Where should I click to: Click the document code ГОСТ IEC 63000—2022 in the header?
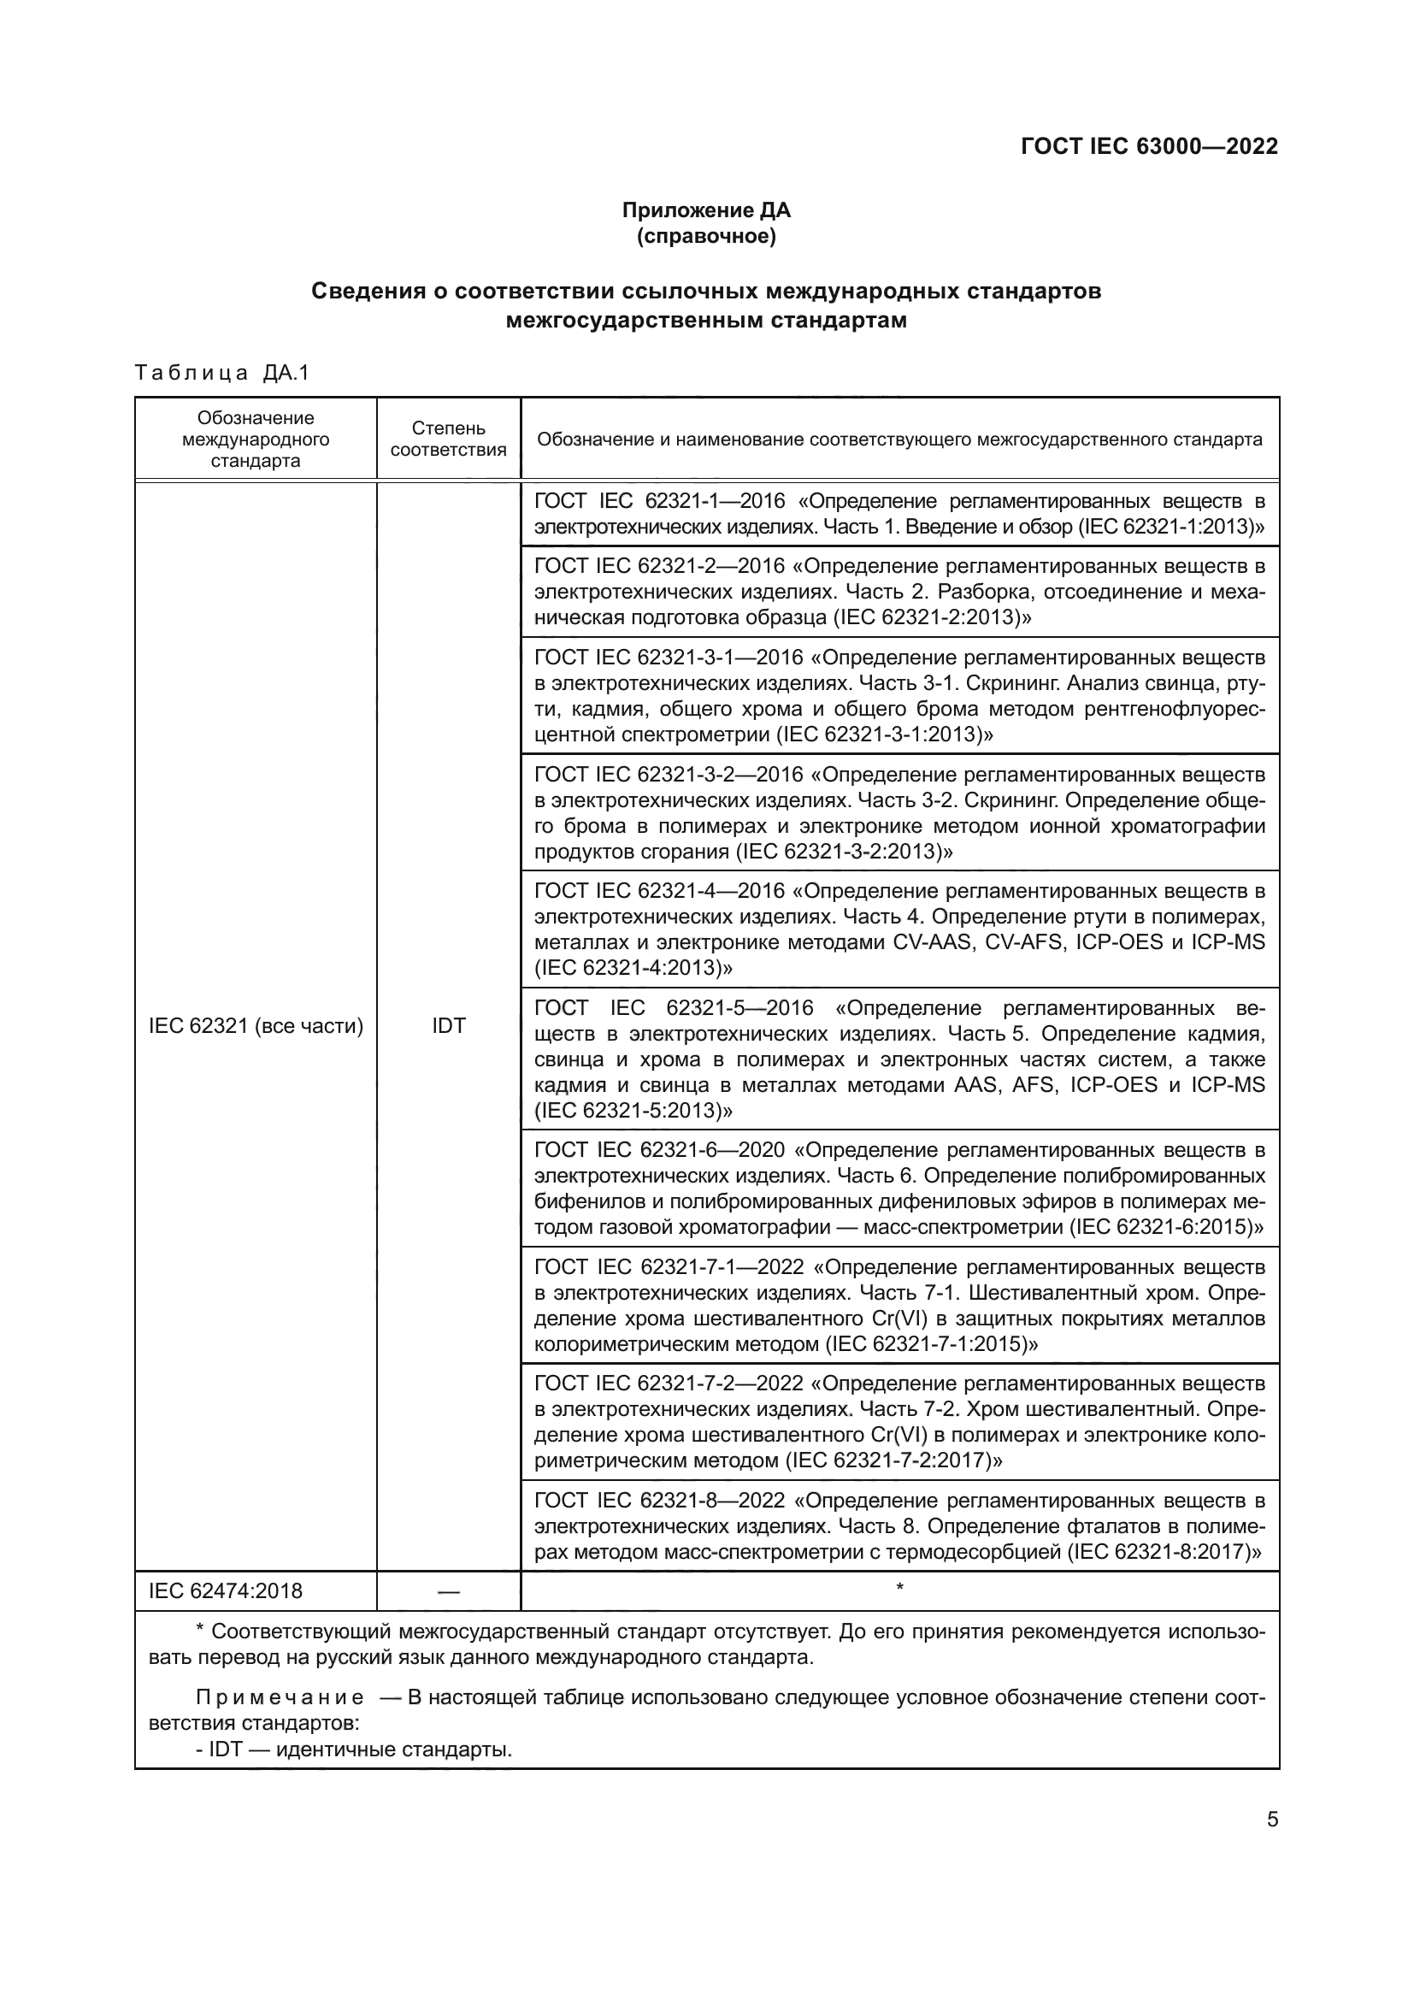[1148, 146]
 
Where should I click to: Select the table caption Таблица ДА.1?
[222, 374]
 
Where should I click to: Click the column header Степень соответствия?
[449, 439]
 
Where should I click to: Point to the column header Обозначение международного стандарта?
[255, 439]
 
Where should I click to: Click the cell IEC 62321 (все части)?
[255, 1026]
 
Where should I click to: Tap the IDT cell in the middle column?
[449, 1026]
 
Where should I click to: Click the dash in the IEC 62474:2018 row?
[449, 1592]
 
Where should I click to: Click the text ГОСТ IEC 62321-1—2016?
[659, 502]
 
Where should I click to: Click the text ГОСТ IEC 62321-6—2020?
[659, 1151]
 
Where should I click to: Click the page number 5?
[1272, 1819]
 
